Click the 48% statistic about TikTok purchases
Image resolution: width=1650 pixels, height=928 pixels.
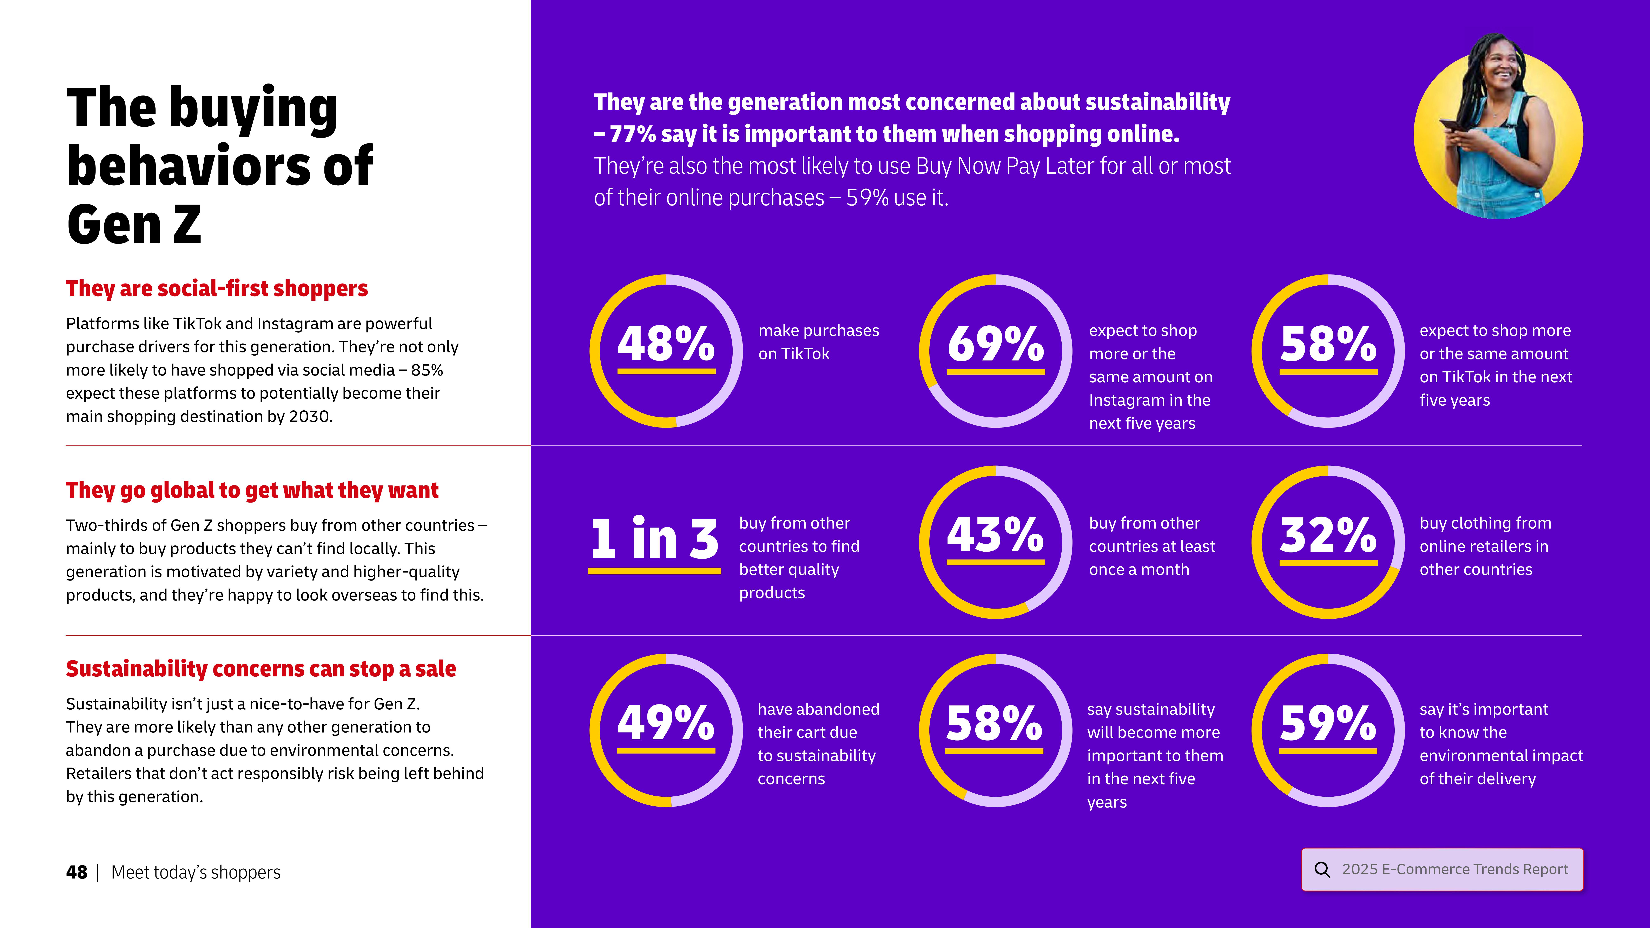[666, 344]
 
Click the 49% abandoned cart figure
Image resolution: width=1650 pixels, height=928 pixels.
[666, 722]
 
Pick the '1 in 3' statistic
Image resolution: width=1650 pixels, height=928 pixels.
[654, 539]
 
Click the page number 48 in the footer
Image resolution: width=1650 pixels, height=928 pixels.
[76, 872]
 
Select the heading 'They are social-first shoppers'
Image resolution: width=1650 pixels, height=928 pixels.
[217, 289]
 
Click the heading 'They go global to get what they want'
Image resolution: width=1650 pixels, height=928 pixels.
[252, 491]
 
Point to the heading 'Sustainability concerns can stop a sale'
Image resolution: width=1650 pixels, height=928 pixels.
[261, 669]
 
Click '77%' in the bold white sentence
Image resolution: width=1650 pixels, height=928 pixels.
[633, 134]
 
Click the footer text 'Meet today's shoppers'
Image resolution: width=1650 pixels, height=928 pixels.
[195, 872]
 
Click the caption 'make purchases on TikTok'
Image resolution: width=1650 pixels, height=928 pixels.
[818, 342]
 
